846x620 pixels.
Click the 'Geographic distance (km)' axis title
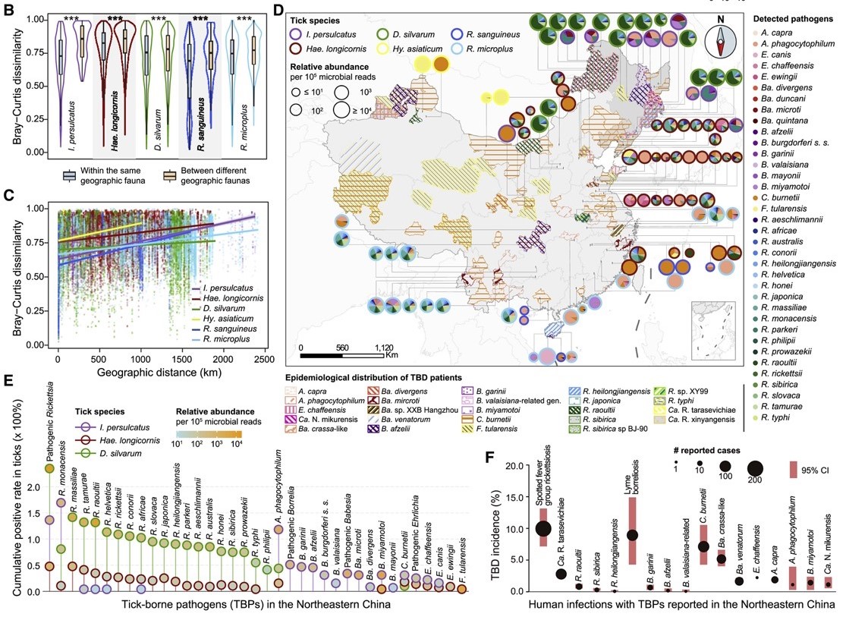(155, 371)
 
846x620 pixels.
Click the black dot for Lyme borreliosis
(631, 535)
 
